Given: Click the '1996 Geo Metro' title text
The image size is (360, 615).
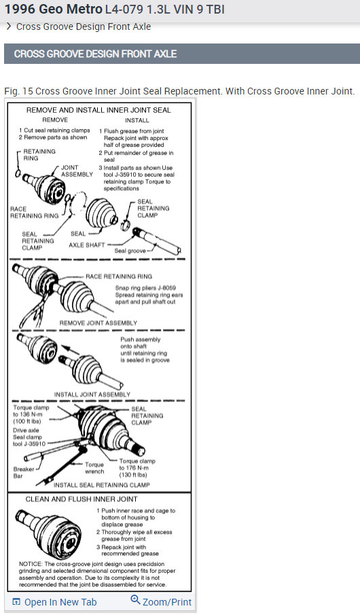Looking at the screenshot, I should (53, 9).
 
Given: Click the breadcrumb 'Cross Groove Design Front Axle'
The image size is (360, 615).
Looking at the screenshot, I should (84, 27).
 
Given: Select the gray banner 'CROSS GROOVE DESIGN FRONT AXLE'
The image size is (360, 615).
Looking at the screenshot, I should (95, 54).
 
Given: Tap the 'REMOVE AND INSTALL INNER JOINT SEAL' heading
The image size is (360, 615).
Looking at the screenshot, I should (98, 109).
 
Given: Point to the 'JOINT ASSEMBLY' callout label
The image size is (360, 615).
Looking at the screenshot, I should (77, 171).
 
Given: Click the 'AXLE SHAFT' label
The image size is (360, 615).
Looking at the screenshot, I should (87, 245).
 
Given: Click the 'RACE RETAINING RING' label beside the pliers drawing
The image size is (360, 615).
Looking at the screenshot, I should (119, 277).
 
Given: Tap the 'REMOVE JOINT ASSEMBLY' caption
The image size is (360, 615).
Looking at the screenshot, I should (98, 323).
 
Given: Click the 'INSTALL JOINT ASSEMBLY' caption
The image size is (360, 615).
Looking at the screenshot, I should (92, 394).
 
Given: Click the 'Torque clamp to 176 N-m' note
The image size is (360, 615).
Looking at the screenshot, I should (137, 467).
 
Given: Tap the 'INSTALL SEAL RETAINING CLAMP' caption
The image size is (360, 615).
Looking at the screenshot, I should (102, 485).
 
